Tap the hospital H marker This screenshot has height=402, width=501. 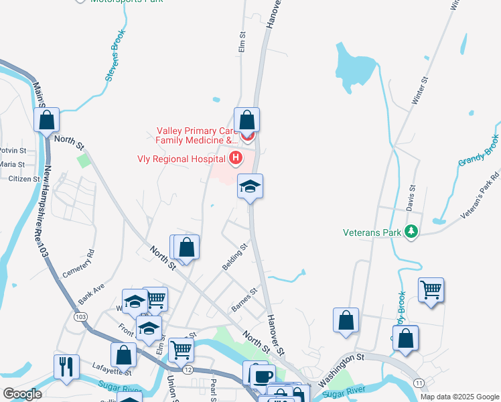(x=235, y=159)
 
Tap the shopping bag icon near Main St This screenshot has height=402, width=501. (x=47, y=121)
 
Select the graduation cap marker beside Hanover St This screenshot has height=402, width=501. (x=250, y=186)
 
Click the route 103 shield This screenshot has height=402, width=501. (x=81, y=316)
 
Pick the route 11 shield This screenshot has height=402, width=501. (x=419, y=382)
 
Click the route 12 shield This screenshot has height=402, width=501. (x=188, y=369)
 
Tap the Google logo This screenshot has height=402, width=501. (x=22, y=394)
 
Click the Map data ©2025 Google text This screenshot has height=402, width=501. (x=459, y=397)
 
